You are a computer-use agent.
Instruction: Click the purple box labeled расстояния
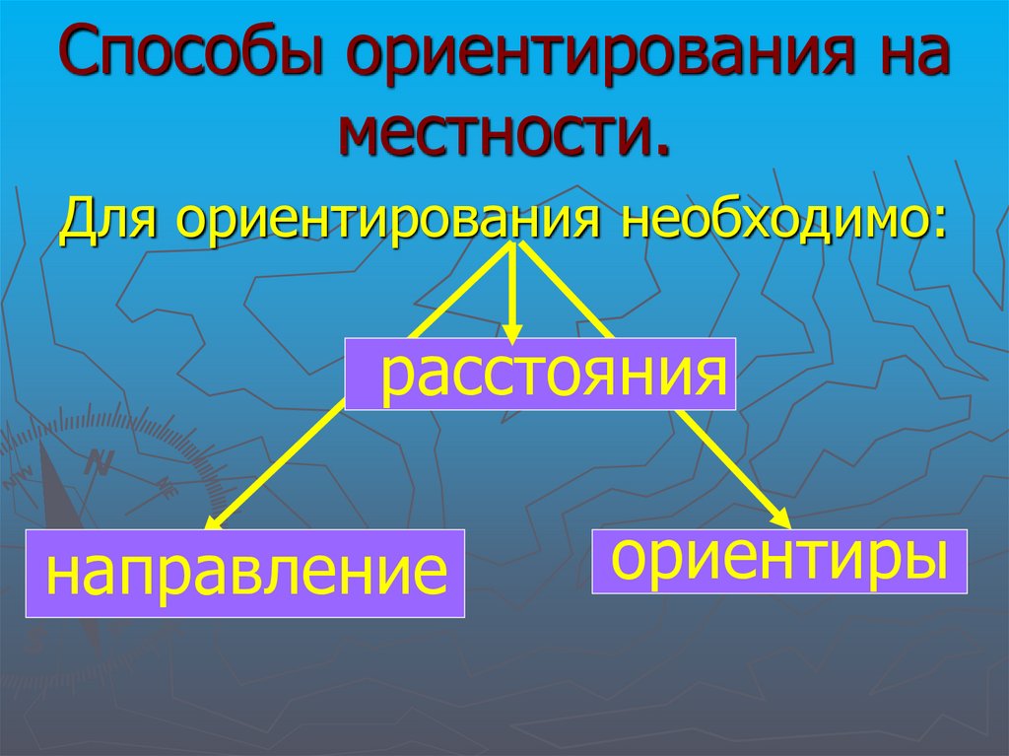540,374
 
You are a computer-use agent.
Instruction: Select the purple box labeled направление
245,573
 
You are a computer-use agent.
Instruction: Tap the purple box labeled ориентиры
779,561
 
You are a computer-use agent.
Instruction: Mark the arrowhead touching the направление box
214,520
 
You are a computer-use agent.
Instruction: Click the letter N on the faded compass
100,461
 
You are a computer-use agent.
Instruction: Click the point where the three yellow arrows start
514,243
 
